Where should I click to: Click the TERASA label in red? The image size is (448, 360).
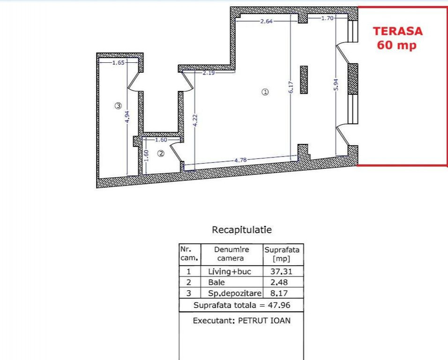pos(398,31)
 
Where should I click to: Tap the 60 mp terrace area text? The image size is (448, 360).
pos(396,45)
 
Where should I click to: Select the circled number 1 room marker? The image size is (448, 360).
pos(265,92)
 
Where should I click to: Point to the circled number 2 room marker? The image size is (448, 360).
pos(161,153)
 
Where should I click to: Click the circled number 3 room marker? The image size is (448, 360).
pos(118,106)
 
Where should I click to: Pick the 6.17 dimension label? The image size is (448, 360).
pos(291,87)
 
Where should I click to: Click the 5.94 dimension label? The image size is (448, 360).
pos(336,84)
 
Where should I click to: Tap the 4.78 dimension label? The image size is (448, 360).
pos(240,160)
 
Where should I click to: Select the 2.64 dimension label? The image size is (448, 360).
pos(266,21)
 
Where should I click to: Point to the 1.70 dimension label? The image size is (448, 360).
pos(328,18)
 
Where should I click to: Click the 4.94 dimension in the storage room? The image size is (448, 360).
pos(127,117)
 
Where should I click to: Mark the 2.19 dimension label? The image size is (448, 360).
pos(209,73)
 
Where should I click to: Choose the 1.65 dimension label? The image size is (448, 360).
pos(118,62)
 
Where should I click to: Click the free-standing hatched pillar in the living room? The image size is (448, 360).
pos(304,80)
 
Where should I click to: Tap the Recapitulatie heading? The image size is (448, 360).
pos(242,230)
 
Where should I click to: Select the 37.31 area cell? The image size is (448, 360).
pos(282,271)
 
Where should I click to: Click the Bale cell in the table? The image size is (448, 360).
pos(217,282)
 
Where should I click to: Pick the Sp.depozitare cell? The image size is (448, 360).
pos(235,293)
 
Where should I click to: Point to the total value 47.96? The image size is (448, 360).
pos(279,305)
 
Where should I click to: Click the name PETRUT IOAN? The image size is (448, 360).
pos(264,321)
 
